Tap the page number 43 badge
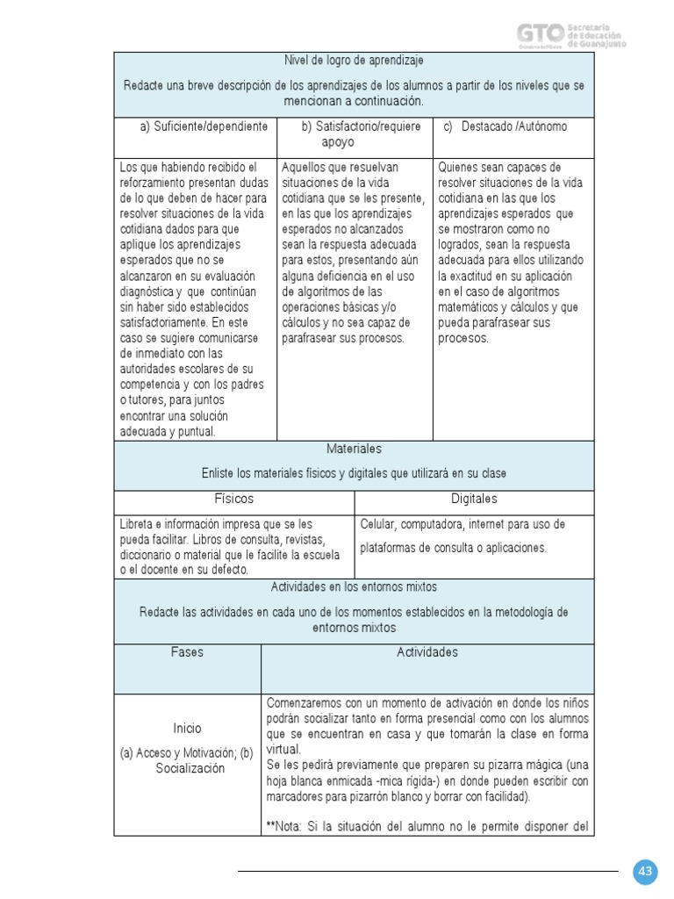(646, 871)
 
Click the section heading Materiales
(354, 449)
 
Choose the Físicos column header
(233, 499)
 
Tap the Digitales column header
(474, 499)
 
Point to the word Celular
(380, 524)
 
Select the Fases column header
(187, 652)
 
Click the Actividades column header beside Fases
(427, 652)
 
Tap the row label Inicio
(187, 728)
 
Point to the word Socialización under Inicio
(187, 768)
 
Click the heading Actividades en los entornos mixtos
(354, 586)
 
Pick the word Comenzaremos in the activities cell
(303, 703)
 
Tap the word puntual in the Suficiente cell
(197, 431)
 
